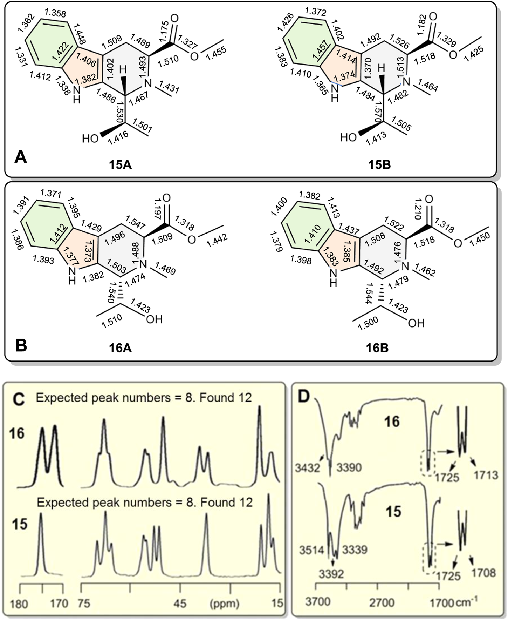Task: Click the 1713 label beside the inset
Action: (x=486, y=475)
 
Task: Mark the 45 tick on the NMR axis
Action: (x=180, y=604)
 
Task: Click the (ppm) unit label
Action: (x=224, y=604)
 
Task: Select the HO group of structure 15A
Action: (x=90, y=139)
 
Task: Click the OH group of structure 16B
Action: (x=416, y=323)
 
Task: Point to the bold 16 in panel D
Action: (x=392, y=421)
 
